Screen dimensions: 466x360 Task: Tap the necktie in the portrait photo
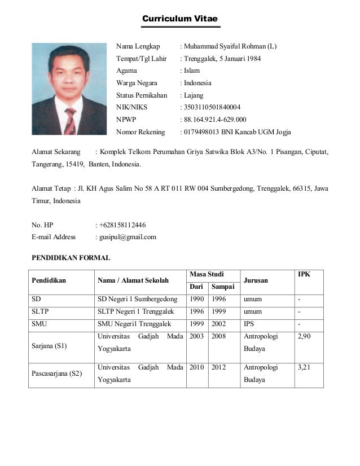(x=70, y=120)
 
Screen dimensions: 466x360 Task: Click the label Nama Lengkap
(x=138, y=46)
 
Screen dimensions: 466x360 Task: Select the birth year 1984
(x=252, y=59)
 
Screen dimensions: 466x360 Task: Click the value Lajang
(x=192, y=95)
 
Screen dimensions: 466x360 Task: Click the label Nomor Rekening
(x=141, y=132)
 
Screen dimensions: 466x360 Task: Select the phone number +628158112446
(x=122, y=225)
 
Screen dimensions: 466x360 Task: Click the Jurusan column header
(x=256, y=280)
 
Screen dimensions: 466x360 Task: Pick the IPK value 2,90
(x=304, y=336)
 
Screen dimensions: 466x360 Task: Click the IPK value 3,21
(x=304, y=367)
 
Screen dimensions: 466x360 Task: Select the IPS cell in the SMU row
(x=249, y=324)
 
